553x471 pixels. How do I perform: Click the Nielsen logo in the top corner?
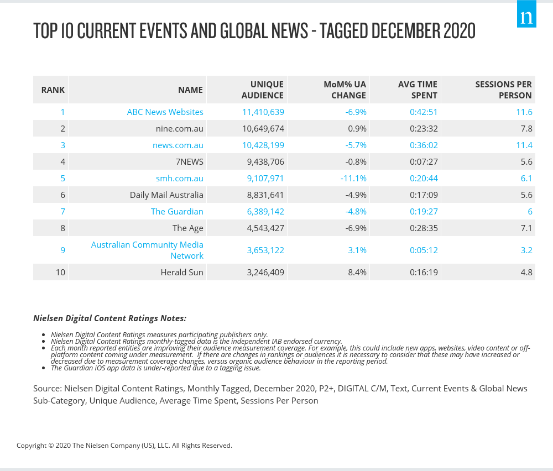[x=526, y=17]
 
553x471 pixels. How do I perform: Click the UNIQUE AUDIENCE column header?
[x=263, y=90]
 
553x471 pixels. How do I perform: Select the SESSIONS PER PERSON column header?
[x=503, y=90]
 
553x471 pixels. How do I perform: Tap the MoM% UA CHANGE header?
[x=345, y=90]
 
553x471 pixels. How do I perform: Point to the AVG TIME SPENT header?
[x=418, y=90]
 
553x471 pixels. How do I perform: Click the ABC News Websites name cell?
[x=165, y=112]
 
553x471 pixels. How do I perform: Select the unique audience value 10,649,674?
[x=263, y=128]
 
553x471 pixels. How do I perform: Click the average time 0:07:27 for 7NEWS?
[x=424, y=161]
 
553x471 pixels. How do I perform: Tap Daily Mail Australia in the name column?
[x=166, y=195]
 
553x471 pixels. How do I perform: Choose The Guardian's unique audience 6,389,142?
[x=263, y=211]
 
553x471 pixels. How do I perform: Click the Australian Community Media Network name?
[x=147, y=250]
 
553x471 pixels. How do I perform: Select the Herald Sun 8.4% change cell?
[x=357, y=272]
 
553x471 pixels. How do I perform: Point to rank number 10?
[x=60, y=272]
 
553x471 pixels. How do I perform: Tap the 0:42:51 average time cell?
[x=424, y=112]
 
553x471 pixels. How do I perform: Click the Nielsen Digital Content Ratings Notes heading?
[x=109, y=318]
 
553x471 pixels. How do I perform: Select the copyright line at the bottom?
[x=124, y=445]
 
